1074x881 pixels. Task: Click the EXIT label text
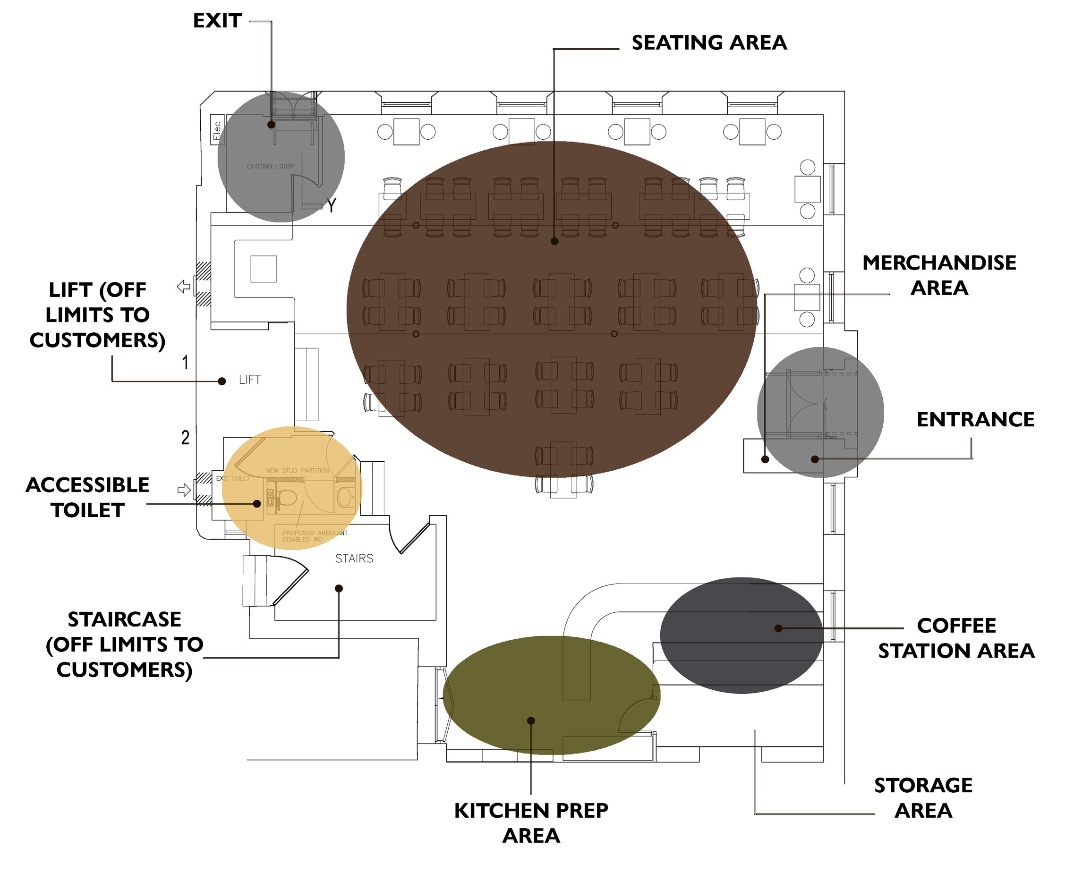pos(217,21)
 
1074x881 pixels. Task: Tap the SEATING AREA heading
pos(709,42)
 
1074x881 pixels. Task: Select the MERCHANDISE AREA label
pos(939,275)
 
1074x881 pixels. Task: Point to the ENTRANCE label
pos(975,420)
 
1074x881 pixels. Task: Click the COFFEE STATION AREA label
pos(956,638)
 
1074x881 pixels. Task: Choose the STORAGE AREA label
pos(923,798)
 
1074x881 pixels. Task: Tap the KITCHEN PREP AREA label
pos(531,822)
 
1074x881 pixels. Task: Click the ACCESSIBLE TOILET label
pos(87,497)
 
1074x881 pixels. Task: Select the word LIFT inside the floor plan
pos(250,380)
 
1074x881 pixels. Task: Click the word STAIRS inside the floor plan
pos(354,558)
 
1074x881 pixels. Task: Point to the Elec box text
pos(217,130)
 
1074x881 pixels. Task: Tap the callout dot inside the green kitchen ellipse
pos(531,720)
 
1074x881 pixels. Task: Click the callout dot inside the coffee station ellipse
pos(778,628)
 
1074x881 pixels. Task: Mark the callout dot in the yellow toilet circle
pos(257,504)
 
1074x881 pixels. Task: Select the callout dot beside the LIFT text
pos(222,381)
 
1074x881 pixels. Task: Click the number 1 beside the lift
pos(185,362)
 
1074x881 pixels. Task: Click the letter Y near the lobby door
pos(331,205)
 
